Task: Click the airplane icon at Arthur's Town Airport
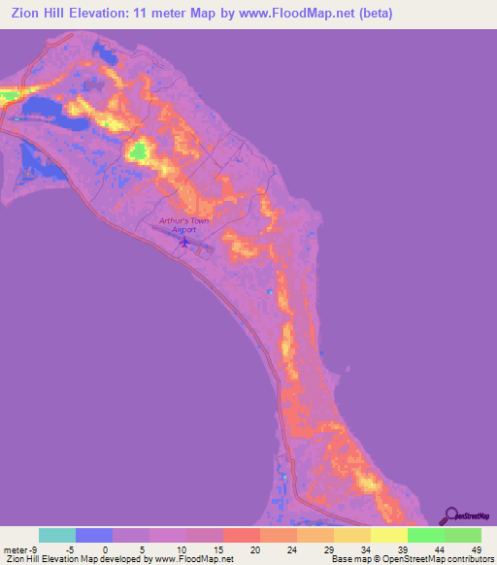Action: click(x=184, y=241)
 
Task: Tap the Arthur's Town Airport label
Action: click(x=184, y=225)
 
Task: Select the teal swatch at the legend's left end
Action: click(x=57, y=535)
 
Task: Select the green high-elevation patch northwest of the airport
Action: click(x=139, y=150)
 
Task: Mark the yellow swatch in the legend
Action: click(x=388, y=535)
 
